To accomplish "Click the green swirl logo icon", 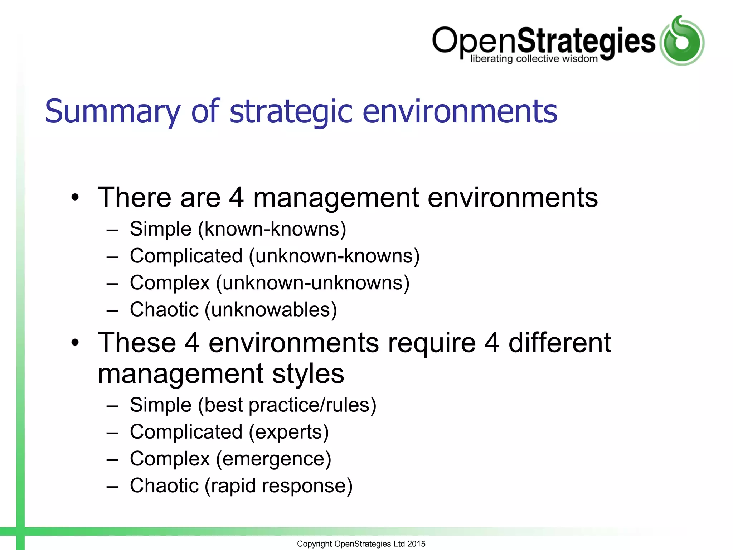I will click(682, 41).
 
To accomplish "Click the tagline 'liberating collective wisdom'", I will click(534, 59).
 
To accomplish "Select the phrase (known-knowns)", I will click(272, 229).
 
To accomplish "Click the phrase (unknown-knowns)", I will click(334, 256).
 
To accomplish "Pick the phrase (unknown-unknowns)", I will click(313, 283).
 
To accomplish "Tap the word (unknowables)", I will click(271, 310).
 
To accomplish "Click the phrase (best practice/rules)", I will click(287, 405).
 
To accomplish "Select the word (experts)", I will click(288, 432).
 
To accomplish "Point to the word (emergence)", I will click(273, 459).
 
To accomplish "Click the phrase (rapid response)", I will click(278, 486).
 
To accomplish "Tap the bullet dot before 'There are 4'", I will click(74, 197).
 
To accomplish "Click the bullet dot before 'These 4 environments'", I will click(74, 343).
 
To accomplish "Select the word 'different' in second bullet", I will click(559, 343).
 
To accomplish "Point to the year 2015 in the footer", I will click(416, 544).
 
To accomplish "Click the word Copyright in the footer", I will click(314, 544).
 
